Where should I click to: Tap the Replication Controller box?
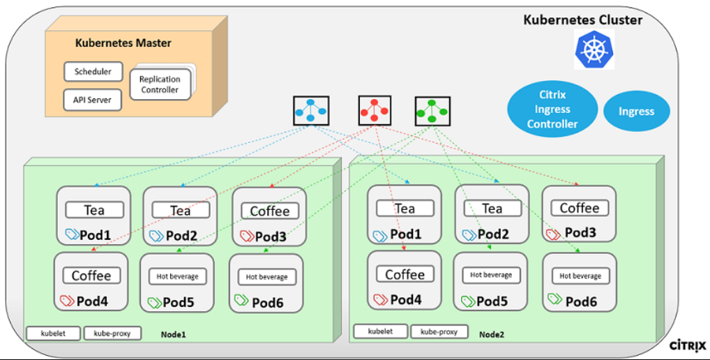(160, 84)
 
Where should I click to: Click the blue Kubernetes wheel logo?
(594, 49)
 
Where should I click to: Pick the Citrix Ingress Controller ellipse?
(553, 109)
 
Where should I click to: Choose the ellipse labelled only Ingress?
(636, 111)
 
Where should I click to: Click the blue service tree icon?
(311, 110)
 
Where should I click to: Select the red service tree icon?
(375, 110)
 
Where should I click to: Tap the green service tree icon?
(432, 110)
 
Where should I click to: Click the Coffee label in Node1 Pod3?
(269, 211)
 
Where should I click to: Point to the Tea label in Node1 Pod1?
(94, 209)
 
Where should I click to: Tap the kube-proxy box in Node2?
(439, 331)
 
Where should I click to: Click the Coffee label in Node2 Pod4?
(405, 274)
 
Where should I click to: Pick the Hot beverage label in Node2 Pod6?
(580, 276)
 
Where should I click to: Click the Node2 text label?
(491, 335)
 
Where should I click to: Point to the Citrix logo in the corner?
(688, 345)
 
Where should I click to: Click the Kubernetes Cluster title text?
(583, 20)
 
